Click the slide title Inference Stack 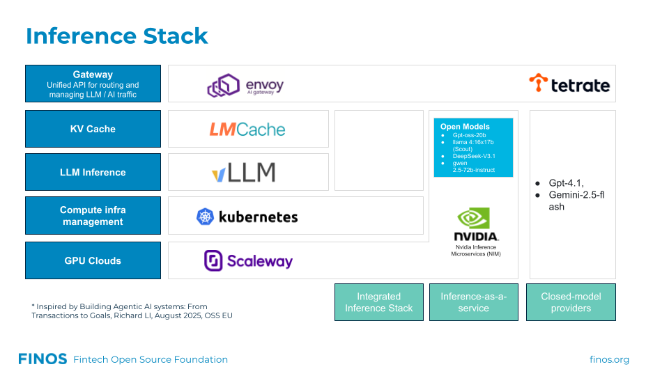(x=117, y=36)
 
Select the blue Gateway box (x=93, y=84)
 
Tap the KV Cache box (x=93, y=129)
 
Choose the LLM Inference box (x=93, y=172)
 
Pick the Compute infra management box (x=93, y=215)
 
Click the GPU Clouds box (x=93, y=260)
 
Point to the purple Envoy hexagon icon (x=224, y=86)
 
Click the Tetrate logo (x=569, y=84)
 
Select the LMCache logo (x=247, y=129)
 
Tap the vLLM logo (x=243, y=172)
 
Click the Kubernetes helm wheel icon (x=205, y=217)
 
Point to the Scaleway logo (x=248, y=260)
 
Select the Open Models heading (x=465, y=127)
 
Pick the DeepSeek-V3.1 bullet (x=474, y=156)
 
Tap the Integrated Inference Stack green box (x=378, y=302)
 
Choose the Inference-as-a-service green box (x=474, y=302)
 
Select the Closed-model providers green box (x=571, y=302)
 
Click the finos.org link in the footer (x=609, y=359)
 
